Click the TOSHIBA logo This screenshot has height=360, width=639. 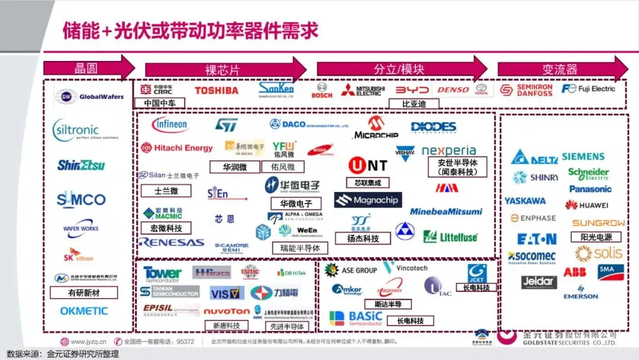(x=217, y=91)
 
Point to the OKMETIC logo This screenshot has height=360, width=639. (x=84, y=311)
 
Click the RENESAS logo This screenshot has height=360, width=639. (x=171, y=242)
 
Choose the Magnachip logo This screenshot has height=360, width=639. (x=368, y=200)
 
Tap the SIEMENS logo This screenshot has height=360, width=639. (x=583, y=157)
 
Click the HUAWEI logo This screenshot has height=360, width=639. (x=586, y=205)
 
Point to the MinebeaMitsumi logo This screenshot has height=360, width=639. (x=446, y=211)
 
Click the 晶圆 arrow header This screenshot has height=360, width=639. (x=89, y=67)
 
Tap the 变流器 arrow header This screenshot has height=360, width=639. (x=562, y=69)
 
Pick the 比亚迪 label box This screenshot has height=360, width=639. (x=412, y=104)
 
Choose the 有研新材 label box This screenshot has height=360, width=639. (x=83, y=292)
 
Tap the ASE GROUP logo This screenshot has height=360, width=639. (x=351, y=270)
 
